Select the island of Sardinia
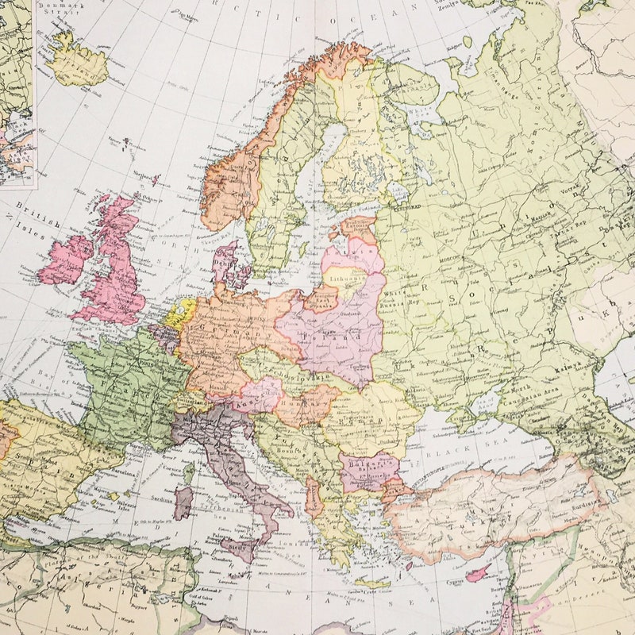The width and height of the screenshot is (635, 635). [x=183, y=502]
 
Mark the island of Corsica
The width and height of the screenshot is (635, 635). [x=189, y=472]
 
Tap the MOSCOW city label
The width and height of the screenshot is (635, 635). [x=448, y=259]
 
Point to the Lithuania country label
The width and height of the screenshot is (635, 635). [x=346, y=279]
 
